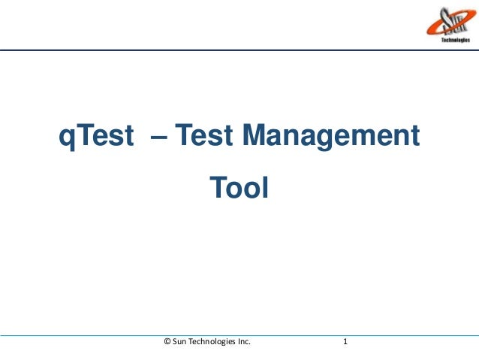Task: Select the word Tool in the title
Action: tap(238, 186)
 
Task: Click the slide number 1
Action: tap(345, 343)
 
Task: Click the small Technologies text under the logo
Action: tap(454, 41)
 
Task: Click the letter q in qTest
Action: tap(67, 140)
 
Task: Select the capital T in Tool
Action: tap(215, 186)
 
